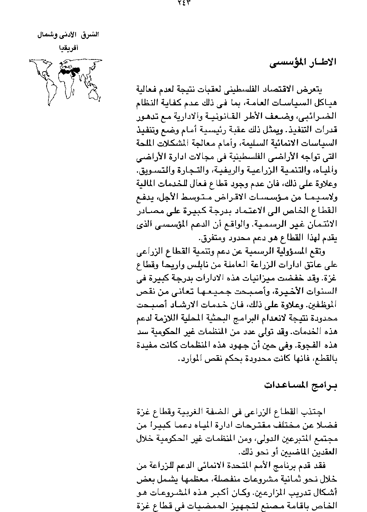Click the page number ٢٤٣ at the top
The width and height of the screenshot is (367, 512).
tap(183, 3)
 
